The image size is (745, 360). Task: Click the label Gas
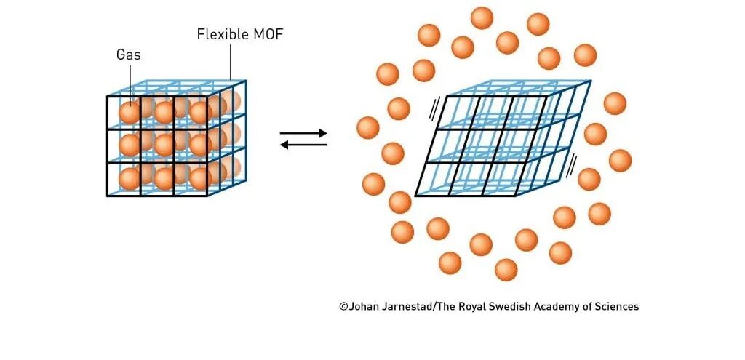coord(128,55)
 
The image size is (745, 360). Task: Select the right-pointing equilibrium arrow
coord(303,134)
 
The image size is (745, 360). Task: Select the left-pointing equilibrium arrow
coord(303,144)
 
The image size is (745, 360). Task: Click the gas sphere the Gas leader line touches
coord(130,112)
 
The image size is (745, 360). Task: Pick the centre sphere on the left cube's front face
coord(164,145)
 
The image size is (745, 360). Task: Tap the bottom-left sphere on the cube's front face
coord(130,178)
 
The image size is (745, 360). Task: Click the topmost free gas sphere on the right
coord(482,17)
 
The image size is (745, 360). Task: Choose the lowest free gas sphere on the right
coord(506,270)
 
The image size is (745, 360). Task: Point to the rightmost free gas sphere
coord(620,160)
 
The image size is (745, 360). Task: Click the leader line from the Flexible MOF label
coord(231,62)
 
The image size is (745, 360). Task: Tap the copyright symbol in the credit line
coord(343,307)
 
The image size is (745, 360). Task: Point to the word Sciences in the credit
coord(617,307)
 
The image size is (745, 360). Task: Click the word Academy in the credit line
coord(555,307)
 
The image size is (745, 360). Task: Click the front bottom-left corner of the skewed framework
coord(415,196)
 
